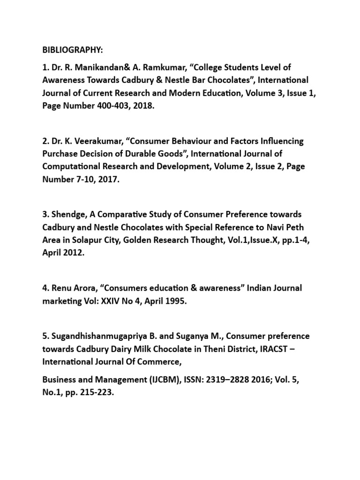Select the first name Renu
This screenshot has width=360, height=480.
[60, 288]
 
